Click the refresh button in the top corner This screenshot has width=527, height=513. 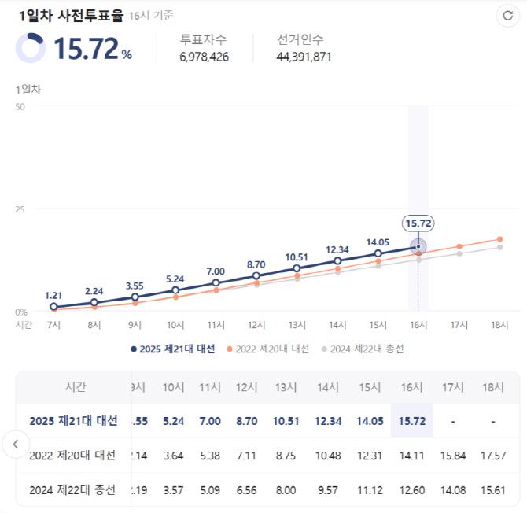point(507,15)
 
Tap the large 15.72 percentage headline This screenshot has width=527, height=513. point(87,49)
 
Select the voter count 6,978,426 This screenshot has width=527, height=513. point(204,57)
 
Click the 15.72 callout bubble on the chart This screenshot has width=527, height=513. point(418,223)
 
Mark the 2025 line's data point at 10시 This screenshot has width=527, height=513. point(175,290)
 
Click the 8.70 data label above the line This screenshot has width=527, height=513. point(256,265)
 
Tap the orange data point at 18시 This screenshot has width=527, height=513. point(499,239)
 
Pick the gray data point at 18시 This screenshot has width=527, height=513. point(499,248)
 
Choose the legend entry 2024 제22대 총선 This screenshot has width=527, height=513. point(364,349)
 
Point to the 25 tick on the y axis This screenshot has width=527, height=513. point(20,209)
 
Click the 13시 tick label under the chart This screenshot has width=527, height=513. point(297,324)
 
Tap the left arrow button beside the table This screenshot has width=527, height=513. point(16,444)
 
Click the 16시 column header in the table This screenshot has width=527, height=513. point(411,387)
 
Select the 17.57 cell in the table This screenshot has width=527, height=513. point(493,456)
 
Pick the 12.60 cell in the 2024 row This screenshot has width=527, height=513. point(411,490)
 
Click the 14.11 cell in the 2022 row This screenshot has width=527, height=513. point(411,456)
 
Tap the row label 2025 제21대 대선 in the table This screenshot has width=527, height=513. point(73,421)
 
